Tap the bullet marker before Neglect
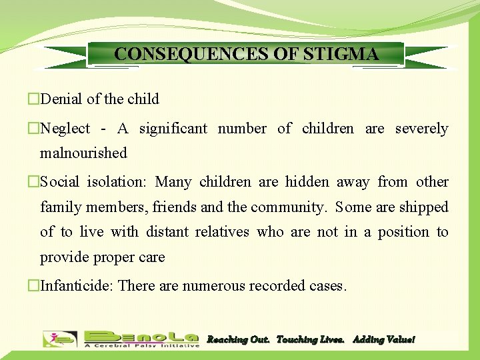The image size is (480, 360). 33,129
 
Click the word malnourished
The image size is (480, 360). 83,153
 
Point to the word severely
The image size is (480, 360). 422,129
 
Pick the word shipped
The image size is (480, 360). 424,207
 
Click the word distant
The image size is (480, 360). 166,232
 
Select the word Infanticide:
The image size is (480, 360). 79,286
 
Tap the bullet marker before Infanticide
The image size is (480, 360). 33,286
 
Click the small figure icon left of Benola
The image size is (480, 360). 60,339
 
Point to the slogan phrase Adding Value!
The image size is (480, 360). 383,340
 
